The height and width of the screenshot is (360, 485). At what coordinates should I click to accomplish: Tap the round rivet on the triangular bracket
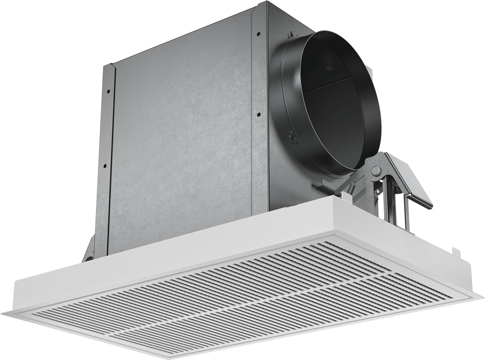(376, 171)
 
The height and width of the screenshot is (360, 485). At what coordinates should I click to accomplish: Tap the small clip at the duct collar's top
(290, 36)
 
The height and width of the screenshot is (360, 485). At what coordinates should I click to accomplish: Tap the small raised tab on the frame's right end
(456, 251)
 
